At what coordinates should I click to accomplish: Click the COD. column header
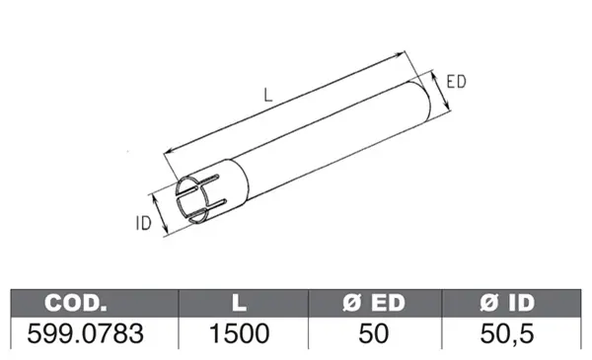(x=76, y=303)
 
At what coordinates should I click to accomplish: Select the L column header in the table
(x=240, y=303)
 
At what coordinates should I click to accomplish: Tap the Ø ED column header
(x=374, y=303)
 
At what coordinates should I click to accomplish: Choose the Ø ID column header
(x=507, y=303)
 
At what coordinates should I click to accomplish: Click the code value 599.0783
(x=85, y=333)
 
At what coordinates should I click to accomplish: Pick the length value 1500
(x=240, y=333)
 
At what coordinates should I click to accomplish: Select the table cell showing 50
(x=374, y=333)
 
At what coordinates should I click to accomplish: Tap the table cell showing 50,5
(x=507, y=333)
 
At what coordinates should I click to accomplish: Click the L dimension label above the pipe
(x=268, y=95)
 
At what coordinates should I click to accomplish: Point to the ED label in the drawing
(x=456, y=82)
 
